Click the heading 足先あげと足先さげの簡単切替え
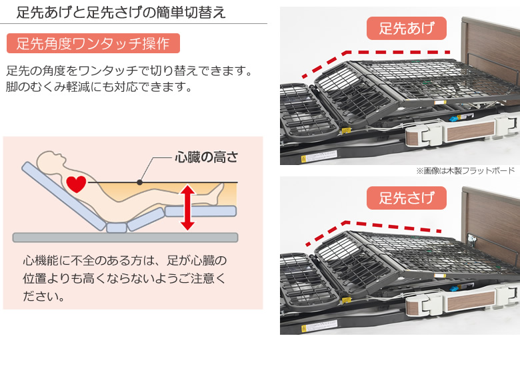pyautogui.click(x=121, y=12)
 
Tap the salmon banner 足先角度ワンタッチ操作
pyautogui.click(x=93, y=44)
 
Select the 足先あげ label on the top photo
pyautogui.click(x=407, y=29)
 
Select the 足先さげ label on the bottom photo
pyautogui.click(x=407, y=198)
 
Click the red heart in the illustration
pyautogui.click(x=77, y=183)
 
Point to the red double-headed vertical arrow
pyautogui.click(x=187, y=208)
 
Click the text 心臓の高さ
pyautogui.click(x=206, y=158)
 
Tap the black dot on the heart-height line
pyautogui.click(x=139, y=182)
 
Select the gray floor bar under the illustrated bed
pyautogui.click(x=125, y=238)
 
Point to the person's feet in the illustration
pyautogui.click(x=217, y=193)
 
